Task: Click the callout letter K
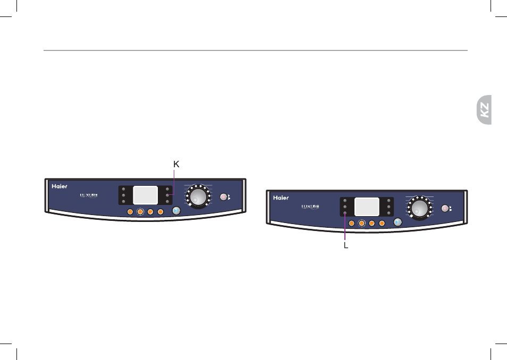pyautogui.click(x=176, y=164)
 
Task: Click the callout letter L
pyautogui.click(x=346, y=246)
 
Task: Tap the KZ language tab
pyautogui.click(x=484, y=110)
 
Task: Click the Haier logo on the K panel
pyautogui.click(x=60, y=186)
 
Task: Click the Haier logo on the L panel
pyautogui.click(x=281, y=198)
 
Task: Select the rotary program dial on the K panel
pyautogui.click(x=198, y=196)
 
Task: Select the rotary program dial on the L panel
pyautogui.click(x=419, y=208)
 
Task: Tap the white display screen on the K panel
pyautogui.click(x=146, y=195)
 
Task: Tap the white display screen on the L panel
pyautogui.click(x=367, y=207)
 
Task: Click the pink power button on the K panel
pyautogui.click(x=223, y=197)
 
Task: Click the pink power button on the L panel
pyautogui.click(x=445, y=209)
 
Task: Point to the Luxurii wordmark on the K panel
pyautogui.click(x=89, y=195)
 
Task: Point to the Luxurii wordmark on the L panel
pyautogui.click(x=310, y=207)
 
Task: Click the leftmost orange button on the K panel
pyautogui.click(x=130, y=212)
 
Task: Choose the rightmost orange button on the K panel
pyautogui.click(x=160, y=212)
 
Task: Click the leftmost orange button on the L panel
pyautogui.click(x=351, y=224)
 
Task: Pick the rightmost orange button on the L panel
pyautogui.click(x=382, y=224)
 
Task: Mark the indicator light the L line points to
pyautogui.click(x=345, y=213)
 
